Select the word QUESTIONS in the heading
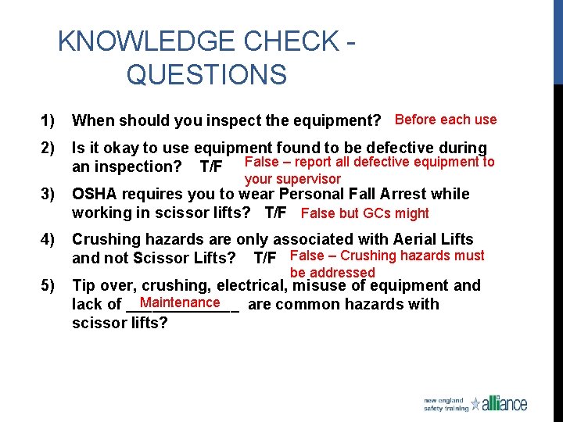coord(206,75)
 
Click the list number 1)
coord(48,120)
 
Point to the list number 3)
coord(48,194)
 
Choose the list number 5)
coord(48,285)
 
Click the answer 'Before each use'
coord(446,120)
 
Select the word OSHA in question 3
coord(95,194)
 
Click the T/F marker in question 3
coord(276,213)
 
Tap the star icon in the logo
coord(475,404)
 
